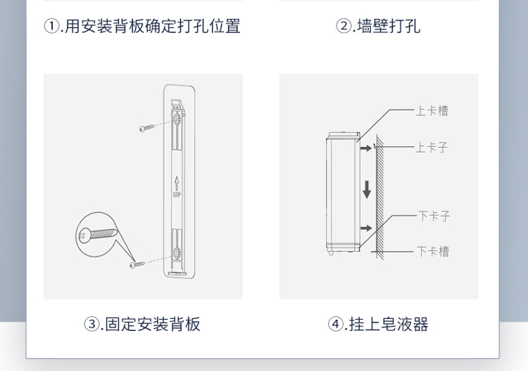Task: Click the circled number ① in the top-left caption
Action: [x=51, y=27]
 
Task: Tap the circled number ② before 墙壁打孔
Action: [x=344, y=27]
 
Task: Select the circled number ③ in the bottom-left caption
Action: [x=92, y=324]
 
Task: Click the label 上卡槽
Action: [x=432, y=110]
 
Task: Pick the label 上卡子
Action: [x=432, y=148]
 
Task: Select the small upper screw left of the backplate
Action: [x=146, y=129]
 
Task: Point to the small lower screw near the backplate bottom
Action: [x=137, y=264]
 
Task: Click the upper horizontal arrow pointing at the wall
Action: [x=364, y=148]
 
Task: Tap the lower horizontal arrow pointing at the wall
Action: [x=365, y=227]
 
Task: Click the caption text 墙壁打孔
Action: [x=389, y=27]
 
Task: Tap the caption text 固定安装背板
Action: [x=153, y=324]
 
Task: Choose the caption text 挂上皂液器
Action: [x=388, y=324]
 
